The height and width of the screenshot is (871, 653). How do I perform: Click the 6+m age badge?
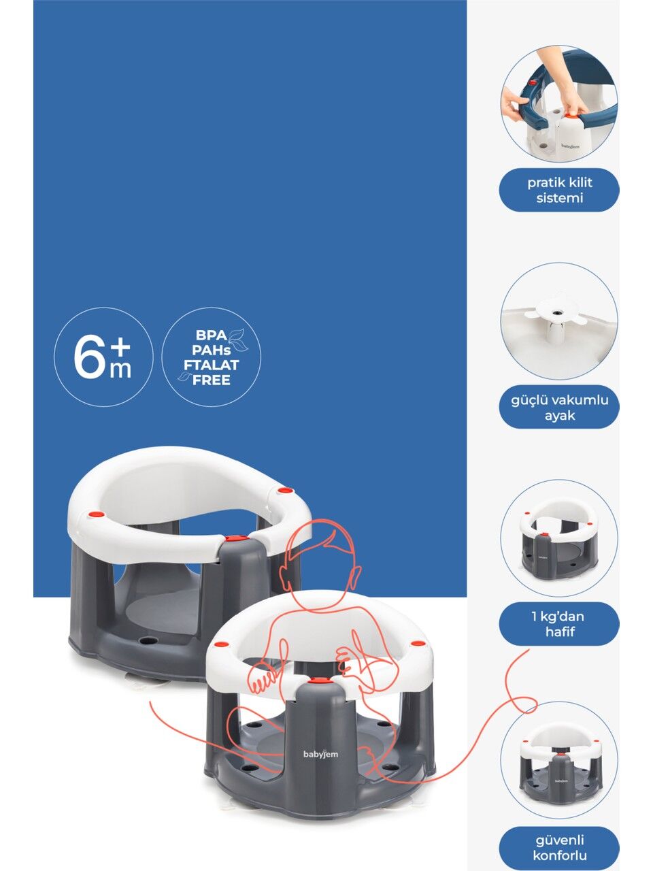pyautogui.click(x=103, y=357)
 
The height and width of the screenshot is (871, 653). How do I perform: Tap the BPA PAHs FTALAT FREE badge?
pyautogui.click(x=212, y=357)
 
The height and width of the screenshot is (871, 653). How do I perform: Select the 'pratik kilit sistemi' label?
pyautogui.click(x=559, y=190)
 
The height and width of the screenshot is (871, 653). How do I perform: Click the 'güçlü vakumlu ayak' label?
pyautogui.click(x=559, y=407)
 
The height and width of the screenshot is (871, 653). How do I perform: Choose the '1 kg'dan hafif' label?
pyautogui.click(x=559, y=624)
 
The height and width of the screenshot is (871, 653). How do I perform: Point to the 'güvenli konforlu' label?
pyautogui.click(x=559, y=840)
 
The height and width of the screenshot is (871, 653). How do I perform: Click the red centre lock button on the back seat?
pyautogui.click(x=231, y=539)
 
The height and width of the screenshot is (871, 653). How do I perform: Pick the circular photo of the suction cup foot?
pyautogui.click(x=559, y=321)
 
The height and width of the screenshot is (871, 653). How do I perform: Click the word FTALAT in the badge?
pyautogui.click(x=211, y=365)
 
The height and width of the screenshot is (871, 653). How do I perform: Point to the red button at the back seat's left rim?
pyautogui.click(x=99, y=515)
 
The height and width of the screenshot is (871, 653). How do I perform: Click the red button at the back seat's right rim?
pyautogui.click(x=283, y=491)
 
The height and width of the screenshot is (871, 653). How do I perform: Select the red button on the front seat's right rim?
pyautogui.click(x=415, y=642)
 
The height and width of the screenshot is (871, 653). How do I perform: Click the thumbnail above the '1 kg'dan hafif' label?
pyautogui.click(x=559, y=538)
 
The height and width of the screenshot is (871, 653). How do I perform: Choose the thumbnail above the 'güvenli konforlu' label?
pyautogui.click(x=559, y=755)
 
